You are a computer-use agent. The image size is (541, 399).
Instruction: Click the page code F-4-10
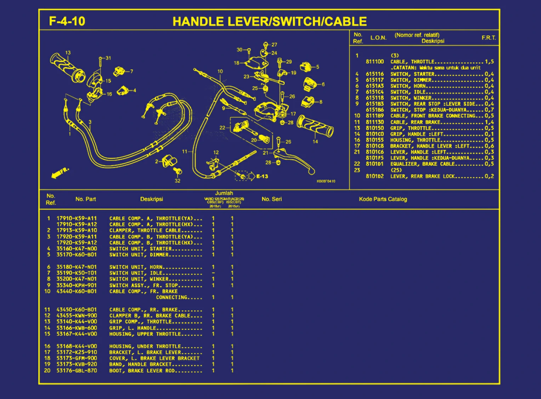[67, 21]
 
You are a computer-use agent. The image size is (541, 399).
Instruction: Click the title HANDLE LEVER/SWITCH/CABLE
[269, 22]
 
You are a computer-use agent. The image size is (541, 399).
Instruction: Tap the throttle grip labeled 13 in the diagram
[67, 67]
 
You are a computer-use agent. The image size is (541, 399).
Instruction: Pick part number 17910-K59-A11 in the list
[76, 218]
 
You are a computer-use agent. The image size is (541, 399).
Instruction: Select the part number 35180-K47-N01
[76, 267]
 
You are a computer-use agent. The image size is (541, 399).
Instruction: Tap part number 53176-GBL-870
[76, 371]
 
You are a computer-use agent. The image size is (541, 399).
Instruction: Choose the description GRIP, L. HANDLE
[132, 328]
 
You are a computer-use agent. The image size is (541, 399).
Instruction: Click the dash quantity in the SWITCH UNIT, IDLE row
[213, 273]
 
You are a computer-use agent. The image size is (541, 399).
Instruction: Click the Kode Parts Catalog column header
[383, 199]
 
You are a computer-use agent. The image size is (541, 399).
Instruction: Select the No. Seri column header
[272, 199]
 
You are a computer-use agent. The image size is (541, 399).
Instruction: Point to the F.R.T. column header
[489, 38]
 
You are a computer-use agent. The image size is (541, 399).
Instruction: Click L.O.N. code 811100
[375, 62]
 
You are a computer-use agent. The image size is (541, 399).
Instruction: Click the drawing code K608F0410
[326, 181]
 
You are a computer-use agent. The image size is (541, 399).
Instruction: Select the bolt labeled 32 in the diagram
[178, 172]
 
